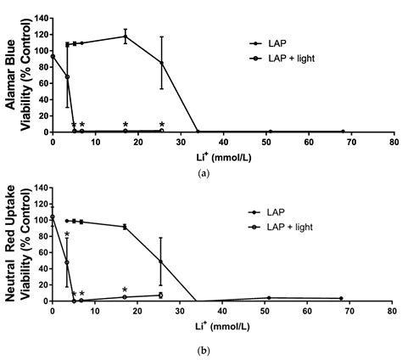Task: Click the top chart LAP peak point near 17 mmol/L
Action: (126, 36)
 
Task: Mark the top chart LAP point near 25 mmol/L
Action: (161, 62)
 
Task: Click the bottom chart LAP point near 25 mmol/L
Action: (161, 262)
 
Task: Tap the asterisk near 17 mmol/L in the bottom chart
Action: (125, 290)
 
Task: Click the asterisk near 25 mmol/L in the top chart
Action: (161, 125)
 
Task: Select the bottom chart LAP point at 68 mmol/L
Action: (341, 299)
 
